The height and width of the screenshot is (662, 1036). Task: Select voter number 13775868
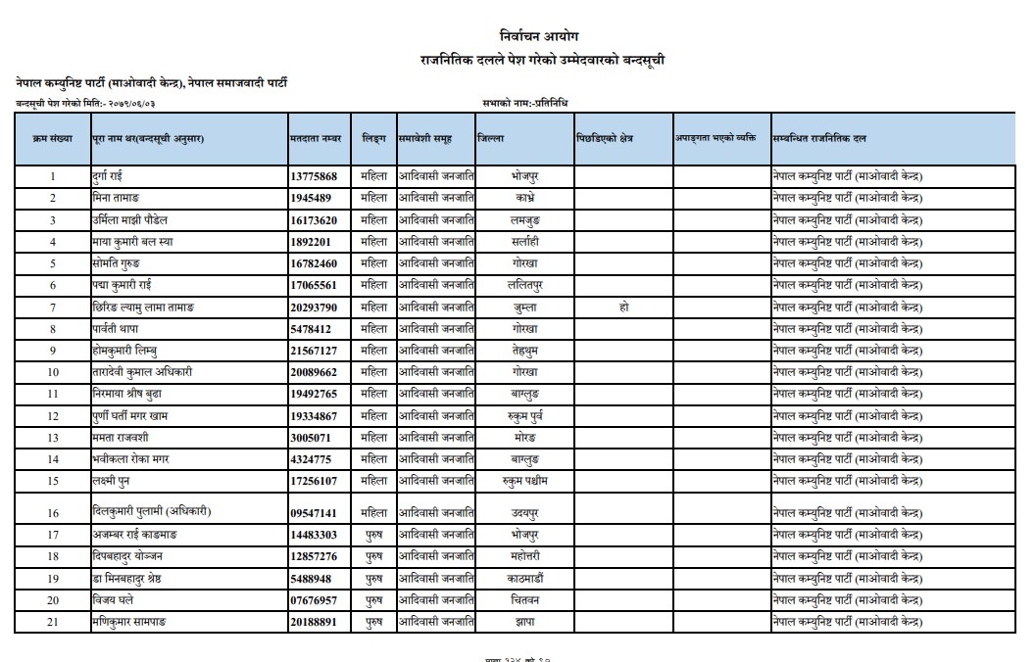(314, 177)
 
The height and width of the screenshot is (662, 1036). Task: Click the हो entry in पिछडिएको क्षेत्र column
(623, 307)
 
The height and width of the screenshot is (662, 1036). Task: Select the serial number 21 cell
(53, 622)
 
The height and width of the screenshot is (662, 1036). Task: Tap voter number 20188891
(314, 622)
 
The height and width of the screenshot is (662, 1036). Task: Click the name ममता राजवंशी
(120, 437)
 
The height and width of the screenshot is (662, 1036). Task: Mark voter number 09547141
(314, 513)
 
